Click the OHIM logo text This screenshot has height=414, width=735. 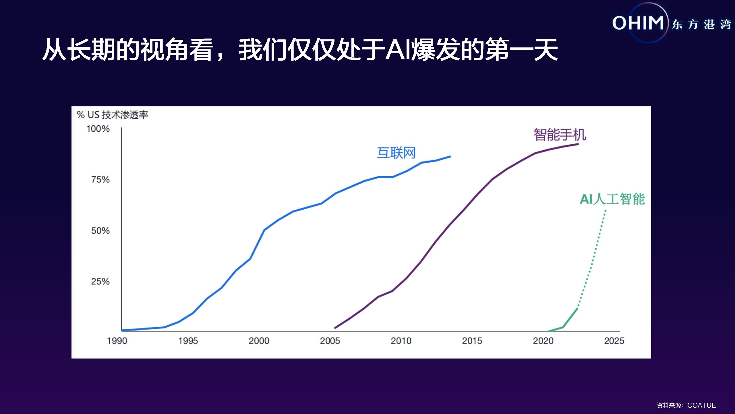click(x=638, y=23)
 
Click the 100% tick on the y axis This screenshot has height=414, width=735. click(x=98, y=129)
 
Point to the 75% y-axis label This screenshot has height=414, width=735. click(x=100, y=180)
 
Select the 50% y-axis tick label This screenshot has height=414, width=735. click(x=100, y=231)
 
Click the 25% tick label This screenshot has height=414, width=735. click(x=100, y=281)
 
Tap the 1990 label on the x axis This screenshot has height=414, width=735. click(x=117, y=341)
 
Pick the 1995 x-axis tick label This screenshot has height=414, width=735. click(x=188, y=341)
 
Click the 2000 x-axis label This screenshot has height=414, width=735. click(x=259, y=341)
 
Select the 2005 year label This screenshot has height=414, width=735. click(x=330, y=341)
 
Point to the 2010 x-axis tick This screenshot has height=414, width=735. click(x=401, y=341)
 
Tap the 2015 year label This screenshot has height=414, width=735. click(x=472, y=341)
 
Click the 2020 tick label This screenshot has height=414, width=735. click(x=543, y=341)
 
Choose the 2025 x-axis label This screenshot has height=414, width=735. click(x=614, y=341)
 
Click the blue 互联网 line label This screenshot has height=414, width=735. click(x=396, y=153)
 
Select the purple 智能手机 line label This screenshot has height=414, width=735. click(x=560, y=135)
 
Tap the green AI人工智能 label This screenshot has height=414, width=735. click(x=612, y=199)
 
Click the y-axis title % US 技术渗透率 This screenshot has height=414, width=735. click(x=112, y=115)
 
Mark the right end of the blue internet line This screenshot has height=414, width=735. click(x=450, y=157)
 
